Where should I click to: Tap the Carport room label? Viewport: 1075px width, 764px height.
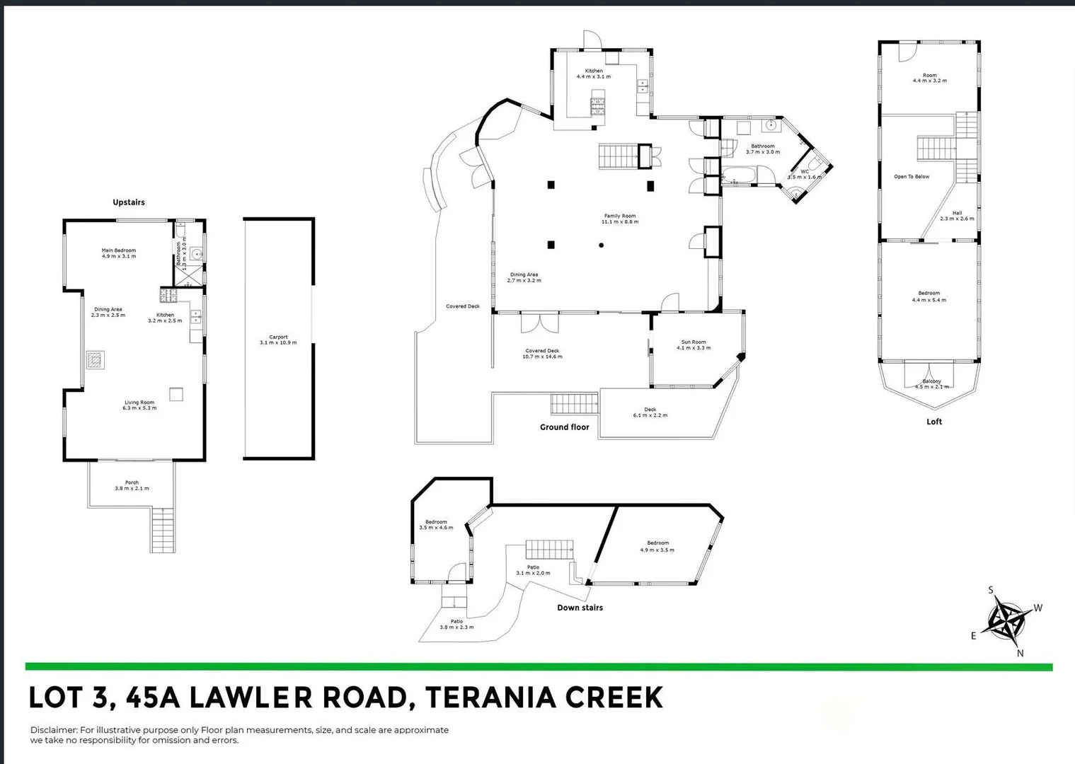pos(278,340)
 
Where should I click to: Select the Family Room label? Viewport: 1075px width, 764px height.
pos(619,219)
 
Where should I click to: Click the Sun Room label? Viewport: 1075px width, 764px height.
pos(693,345)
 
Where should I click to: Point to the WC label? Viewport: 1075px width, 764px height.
pos(805,173)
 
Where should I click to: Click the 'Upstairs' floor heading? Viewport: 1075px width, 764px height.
pos(129,202)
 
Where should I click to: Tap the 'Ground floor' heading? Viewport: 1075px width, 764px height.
pos(564,427)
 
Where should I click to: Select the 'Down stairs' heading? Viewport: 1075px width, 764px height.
pos(580,608)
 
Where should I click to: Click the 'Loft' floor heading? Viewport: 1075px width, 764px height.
pos(934,422)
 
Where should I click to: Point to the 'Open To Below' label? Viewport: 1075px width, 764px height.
pos(912,177)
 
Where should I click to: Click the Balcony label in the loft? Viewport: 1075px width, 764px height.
pos(931,383)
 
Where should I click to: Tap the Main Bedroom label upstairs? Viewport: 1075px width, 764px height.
pos(118,253)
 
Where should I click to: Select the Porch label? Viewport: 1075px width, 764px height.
pos(132,485)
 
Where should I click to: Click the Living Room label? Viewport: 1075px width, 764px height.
pos(139,405)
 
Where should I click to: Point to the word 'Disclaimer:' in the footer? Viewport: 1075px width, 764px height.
pos(54,730)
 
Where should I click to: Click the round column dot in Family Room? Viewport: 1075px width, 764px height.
pos(602,245)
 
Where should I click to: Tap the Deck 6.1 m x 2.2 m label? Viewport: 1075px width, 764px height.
pos(650,412)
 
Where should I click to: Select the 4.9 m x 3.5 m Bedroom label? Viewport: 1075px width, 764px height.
pos(657,546)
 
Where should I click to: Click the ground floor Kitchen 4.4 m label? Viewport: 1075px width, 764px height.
pos(593,74)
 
